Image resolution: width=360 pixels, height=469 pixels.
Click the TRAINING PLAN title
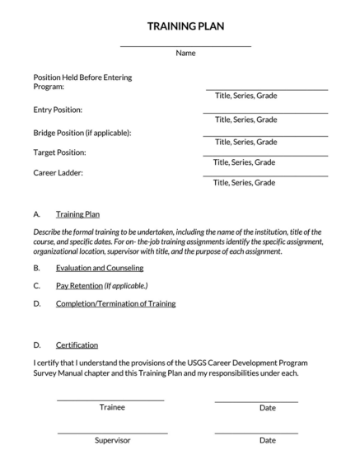click(185, 26)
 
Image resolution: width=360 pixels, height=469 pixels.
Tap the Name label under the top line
click(185, 53)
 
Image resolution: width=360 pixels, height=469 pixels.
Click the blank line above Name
click(185, 46)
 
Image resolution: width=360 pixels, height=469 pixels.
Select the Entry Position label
click(57, 110)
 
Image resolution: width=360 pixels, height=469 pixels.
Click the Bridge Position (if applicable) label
click(82, 132)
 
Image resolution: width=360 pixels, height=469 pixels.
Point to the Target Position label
click(59, 152)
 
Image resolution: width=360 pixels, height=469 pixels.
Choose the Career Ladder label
click(58, 173)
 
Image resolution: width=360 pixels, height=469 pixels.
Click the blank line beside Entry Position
click(266, 112)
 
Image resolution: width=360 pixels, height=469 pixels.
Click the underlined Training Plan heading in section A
click(77, 213)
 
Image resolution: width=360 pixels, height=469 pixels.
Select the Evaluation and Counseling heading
click(99, 268)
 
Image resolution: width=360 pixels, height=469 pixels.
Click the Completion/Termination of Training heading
click(115, 303)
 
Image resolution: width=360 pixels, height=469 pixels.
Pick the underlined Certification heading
click(77, 345)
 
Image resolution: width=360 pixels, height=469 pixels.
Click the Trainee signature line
click(110, 401)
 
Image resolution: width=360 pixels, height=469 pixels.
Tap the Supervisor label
click(112, 440)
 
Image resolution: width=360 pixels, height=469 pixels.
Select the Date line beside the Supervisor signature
click(256, 433)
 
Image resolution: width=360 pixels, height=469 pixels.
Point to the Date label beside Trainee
click(267, 407)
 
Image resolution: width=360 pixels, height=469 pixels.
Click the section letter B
click(36, 268)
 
